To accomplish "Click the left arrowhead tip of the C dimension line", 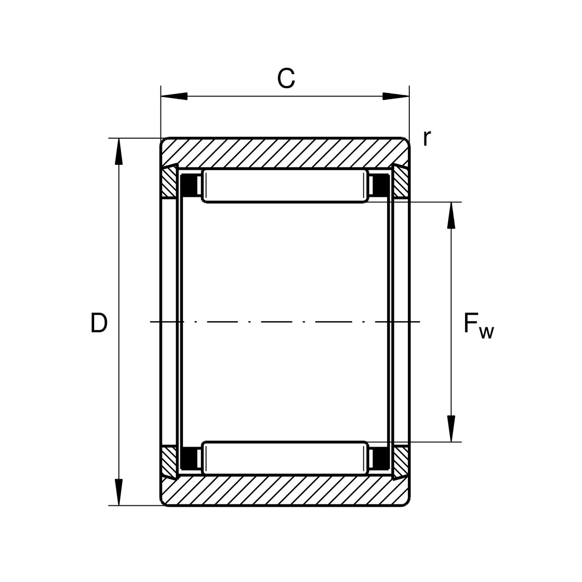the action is pyautogui.click(x=161, y=97).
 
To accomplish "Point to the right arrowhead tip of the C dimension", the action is pyautogui.click(x=409, y=97).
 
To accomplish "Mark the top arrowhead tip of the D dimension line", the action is pyautogui.click(x=119, y=138).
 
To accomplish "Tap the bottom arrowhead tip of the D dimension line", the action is pyautogui.click(x=119, y=505).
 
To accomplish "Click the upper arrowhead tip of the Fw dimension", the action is pyautogui.click(x=451, y=202).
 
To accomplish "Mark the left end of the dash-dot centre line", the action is pyautogui.click(x=150, y=322).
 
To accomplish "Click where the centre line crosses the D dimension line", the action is pyautogui.click(x=119, y=322).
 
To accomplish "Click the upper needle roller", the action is pyautogui.click(x=285, y=186).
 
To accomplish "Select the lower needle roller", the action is pyautogui.click(x=285, y=458).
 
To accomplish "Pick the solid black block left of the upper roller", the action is pyautogui.click(x=189, y=185).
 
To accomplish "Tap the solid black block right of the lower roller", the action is pyautogui.click(x=381, y=458).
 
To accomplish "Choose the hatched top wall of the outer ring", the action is pyautogui.click(x=285, y=153).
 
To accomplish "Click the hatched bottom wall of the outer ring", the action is pyautogui.click(x=285, y=491).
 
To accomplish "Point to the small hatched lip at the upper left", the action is pyautogui.click(x=169, y=182).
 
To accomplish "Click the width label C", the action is pyautogui.click(x=286, y=79).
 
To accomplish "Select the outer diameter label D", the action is pyautogui.click(x=99, y=323).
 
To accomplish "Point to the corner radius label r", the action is pyautogui.click(x=427, y=139).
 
